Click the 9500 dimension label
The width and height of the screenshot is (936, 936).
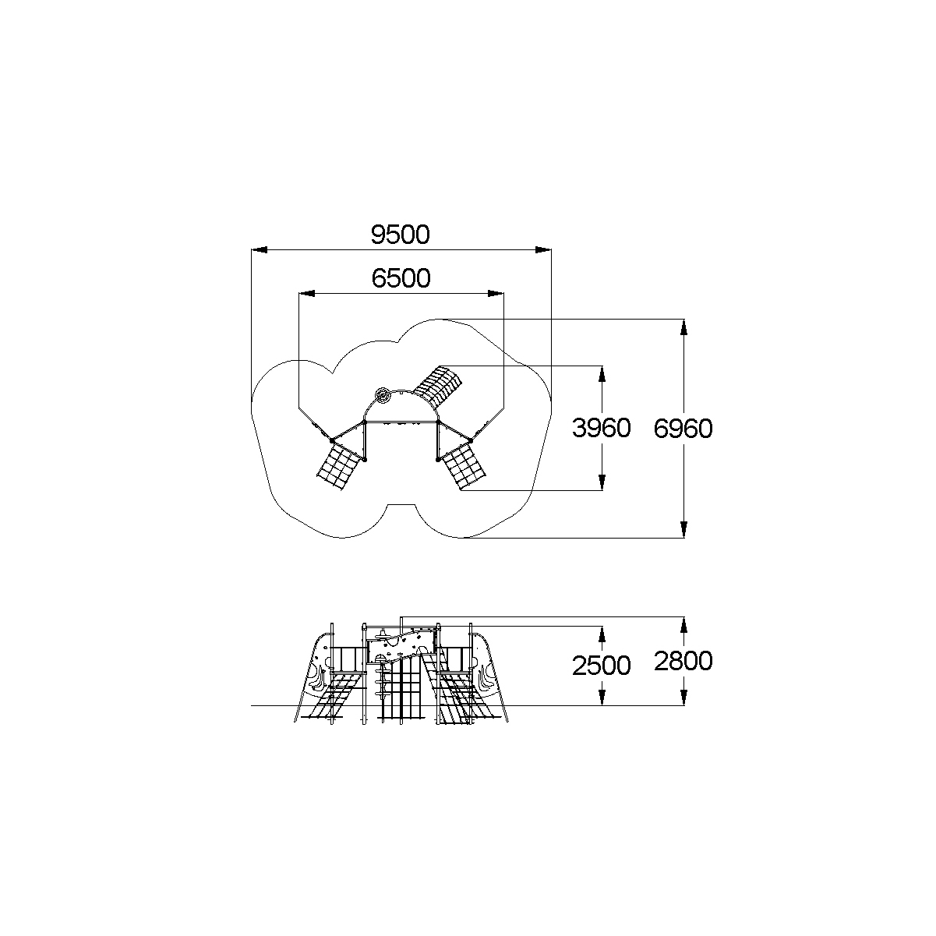click(x=401, y=235)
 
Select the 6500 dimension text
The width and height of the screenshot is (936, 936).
click(x=401, y=278)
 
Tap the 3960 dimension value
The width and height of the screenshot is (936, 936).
click(x=602, y=428)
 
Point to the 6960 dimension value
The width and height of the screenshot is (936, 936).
click(x=683, y=429)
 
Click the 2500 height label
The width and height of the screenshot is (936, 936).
click(x=602, y=666)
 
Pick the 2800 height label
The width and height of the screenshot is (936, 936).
click(x=683, y=661)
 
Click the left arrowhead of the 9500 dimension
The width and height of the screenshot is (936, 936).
click(x=260, y=249)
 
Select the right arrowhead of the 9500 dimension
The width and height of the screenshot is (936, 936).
click(x=543, y=249)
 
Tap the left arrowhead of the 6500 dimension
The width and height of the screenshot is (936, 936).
click(x=307, y=293)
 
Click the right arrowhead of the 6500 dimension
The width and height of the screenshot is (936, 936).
click(x=496, y=293)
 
